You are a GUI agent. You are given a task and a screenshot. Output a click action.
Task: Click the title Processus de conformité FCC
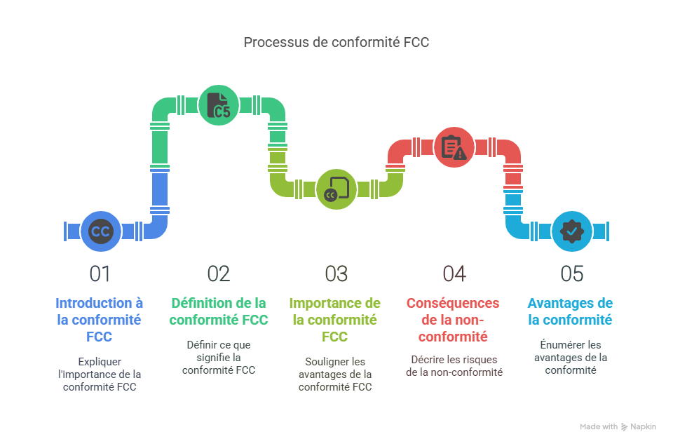pyautogui.click(x=336, y=42)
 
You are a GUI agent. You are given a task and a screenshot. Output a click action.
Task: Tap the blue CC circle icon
pyautogui.click(x=100, y=231)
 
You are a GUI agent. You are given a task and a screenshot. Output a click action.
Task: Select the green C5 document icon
pyautogui.click(x=219, y=105)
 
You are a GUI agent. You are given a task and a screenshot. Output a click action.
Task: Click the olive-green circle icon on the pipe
pyautogui.click(x=336, y=189)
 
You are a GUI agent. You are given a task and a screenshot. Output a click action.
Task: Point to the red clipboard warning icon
pyautogui.click(x=454, y=147)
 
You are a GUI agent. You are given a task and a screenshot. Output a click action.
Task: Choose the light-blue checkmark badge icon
pyautogui.click(x=571, y=231)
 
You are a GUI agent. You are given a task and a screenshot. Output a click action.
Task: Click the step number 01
pyautogui.click(x=100, y=274)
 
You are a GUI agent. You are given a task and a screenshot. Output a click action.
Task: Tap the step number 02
pyautogui.click(x=219, y=274)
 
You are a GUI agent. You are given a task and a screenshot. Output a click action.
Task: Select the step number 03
pyautogui.click(x=336, y=274)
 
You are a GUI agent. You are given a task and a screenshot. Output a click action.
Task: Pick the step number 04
pyautogui.click(x=454, y=274)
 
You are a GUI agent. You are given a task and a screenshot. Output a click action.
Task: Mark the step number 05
pyautogui.click(x=571, y=274)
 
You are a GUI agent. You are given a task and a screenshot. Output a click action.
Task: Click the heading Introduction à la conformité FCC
pyautogui.click(x=100, y=320)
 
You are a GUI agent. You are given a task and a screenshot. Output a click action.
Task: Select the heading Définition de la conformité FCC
pyautogui.click(x=219, y=311)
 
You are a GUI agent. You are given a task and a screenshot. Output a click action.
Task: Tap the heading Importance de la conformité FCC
pyautogui.click(x=335, y=320)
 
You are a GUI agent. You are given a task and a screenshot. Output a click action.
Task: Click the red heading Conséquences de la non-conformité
pyautogui.click(x=453, y=320)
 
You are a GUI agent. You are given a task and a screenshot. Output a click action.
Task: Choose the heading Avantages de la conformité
pyautogui.click(x=570, y=311)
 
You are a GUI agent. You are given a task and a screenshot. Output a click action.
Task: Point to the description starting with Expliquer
pyautogui.click(x=100, y=374)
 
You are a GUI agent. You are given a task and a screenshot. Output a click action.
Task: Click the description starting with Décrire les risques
pyautogui.click(x=454, y=365)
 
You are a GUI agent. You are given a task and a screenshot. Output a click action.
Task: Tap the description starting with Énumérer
pyautogui.click(x=571, y=357)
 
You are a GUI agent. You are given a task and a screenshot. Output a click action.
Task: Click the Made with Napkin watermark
pyautogui.click(x=618, y=426)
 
